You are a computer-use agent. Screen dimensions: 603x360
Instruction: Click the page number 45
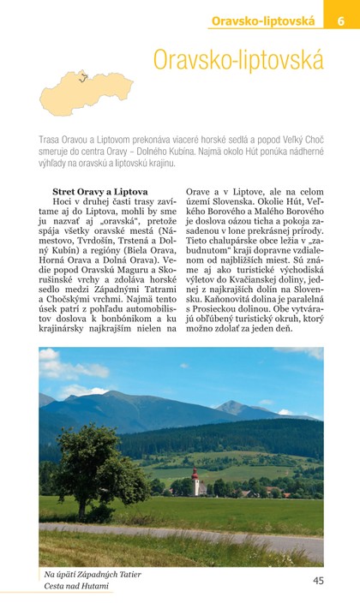coord(317,580)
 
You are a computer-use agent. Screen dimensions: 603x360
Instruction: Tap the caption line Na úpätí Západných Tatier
coord(93,574)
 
